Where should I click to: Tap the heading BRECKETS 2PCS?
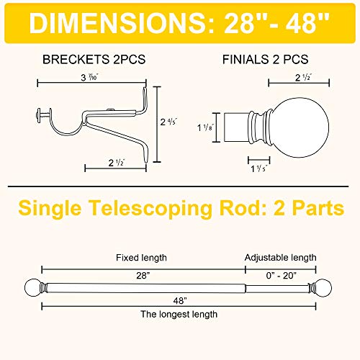click(94, 59)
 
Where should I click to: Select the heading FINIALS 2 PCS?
click(265, 59)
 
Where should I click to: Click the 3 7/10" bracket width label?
click(90, 77)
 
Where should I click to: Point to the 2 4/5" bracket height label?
click(168, 122)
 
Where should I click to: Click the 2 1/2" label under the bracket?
click(117, 163)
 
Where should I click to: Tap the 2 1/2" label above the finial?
click(304, 77)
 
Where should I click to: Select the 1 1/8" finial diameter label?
click(205, 127)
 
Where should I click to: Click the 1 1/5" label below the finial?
click(259, 168)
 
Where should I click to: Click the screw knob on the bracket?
click(39, 115)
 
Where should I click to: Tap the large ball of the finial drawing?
click(300, 127)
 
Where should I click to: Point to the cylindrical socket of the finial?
click(237, 127)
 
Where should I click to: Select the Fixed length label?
click(141, 258)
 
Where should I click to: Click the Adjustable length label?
click(280, 258)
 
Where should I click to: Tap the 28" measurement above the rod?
click(143, 276)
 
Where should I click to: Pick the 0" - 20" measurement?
click(282, 276)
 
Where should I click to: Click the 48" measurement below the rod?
click(180, 300)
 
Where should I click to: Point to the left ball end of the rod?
click(33, 288)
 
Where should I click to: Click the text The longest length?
click(179, 314)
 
